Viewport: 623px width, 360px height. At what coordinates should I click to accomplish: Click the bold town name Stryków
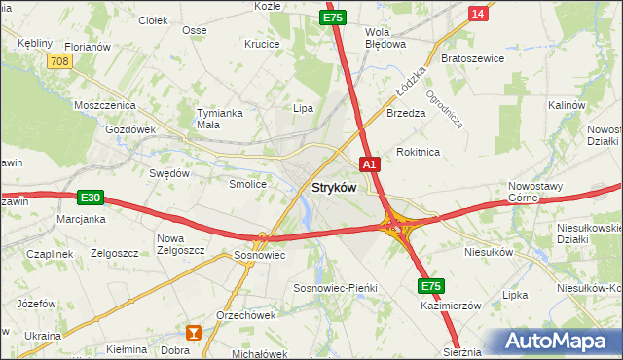(x=333, y=187)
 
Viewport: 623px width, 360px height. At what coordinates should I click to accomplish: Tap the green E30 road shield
(x=91, y=198)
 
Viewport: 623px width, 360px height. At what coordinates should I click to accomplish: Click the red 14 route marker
(x=477, y=13)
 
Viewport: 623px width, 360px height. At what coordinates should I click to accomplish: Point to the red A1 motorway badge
(x=369, y=164)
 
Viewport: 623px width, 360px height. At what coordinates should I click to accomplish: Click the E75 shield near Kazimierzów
(x=432, y=285)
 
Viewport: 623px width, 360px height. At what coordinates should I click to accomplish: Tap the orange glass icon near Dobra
(x=194, y=333)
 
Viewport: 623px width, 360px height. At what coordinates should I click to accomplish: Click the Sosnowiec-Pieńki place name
(x=335, y=289)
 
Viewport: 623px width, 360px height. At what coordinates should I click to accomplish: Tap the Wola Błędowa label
(x=384, y=37)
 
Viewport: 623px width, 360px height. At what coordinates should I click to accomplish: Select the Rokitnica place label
(x=419, y=152)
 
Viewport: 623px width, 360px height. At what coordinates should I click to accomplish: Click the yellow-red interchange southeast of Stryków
(x=397, y=227)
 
